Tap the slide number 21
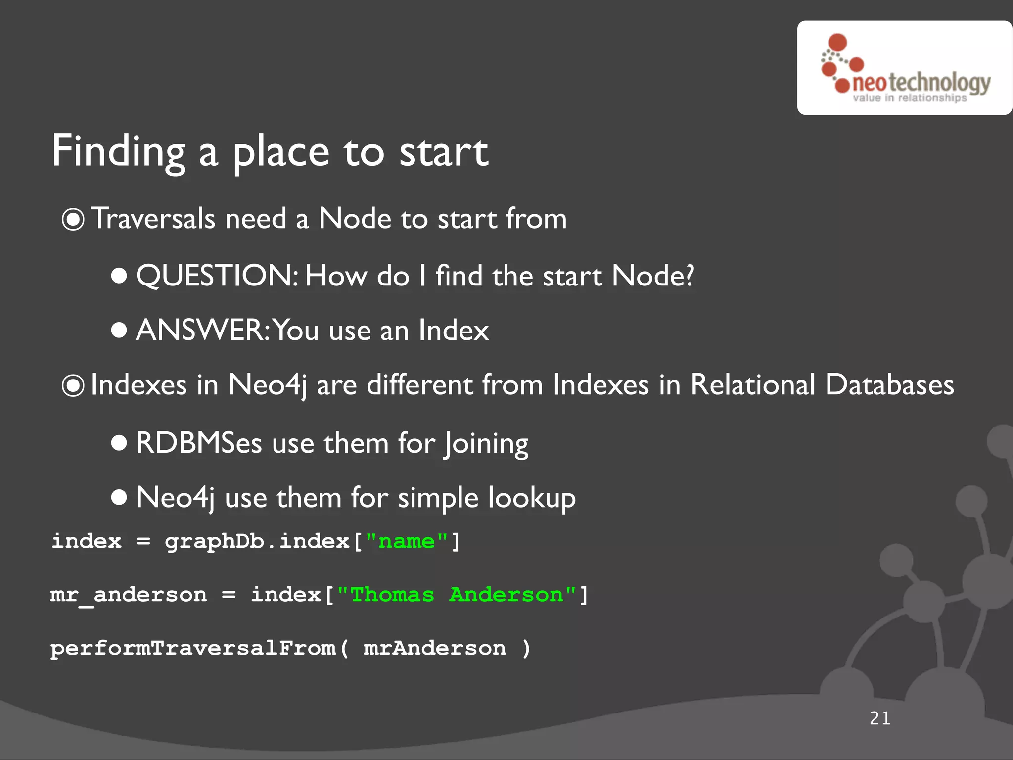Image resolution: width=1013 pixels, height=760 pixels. point(880,718)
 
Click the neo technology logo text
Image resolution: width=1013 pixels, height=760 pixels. point(921,83)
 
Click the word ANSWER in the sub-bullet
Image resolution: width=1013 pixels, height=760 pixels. point(202,330)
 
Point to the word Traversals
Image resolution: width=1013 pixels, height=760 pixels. point(153,218)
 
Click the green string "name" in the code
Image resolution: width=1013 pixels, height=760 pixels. point(406,541)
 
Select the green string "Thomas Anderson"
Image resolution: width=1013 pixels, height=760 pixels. point(456,595)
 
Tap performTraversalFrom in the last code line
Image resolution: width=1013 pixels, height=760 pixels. point(193,648)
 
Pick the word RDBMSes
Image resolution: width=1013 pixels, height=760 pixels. point(198,443)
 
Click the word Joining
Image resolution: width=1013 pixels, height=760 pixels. point(486,444)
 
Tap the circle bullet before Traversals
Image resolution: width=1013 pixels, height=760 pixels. point(73,219)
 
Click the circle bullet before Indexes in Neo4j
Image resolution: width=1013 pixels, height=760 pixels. point(73,385)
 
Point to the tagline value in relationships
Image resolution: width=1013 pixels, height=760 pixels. point(909,98)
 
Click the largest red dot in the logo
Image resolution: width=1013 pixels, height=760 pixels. point(837,43)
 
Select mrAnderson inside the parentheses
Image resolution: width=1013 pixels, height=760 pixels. point(434,648)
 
